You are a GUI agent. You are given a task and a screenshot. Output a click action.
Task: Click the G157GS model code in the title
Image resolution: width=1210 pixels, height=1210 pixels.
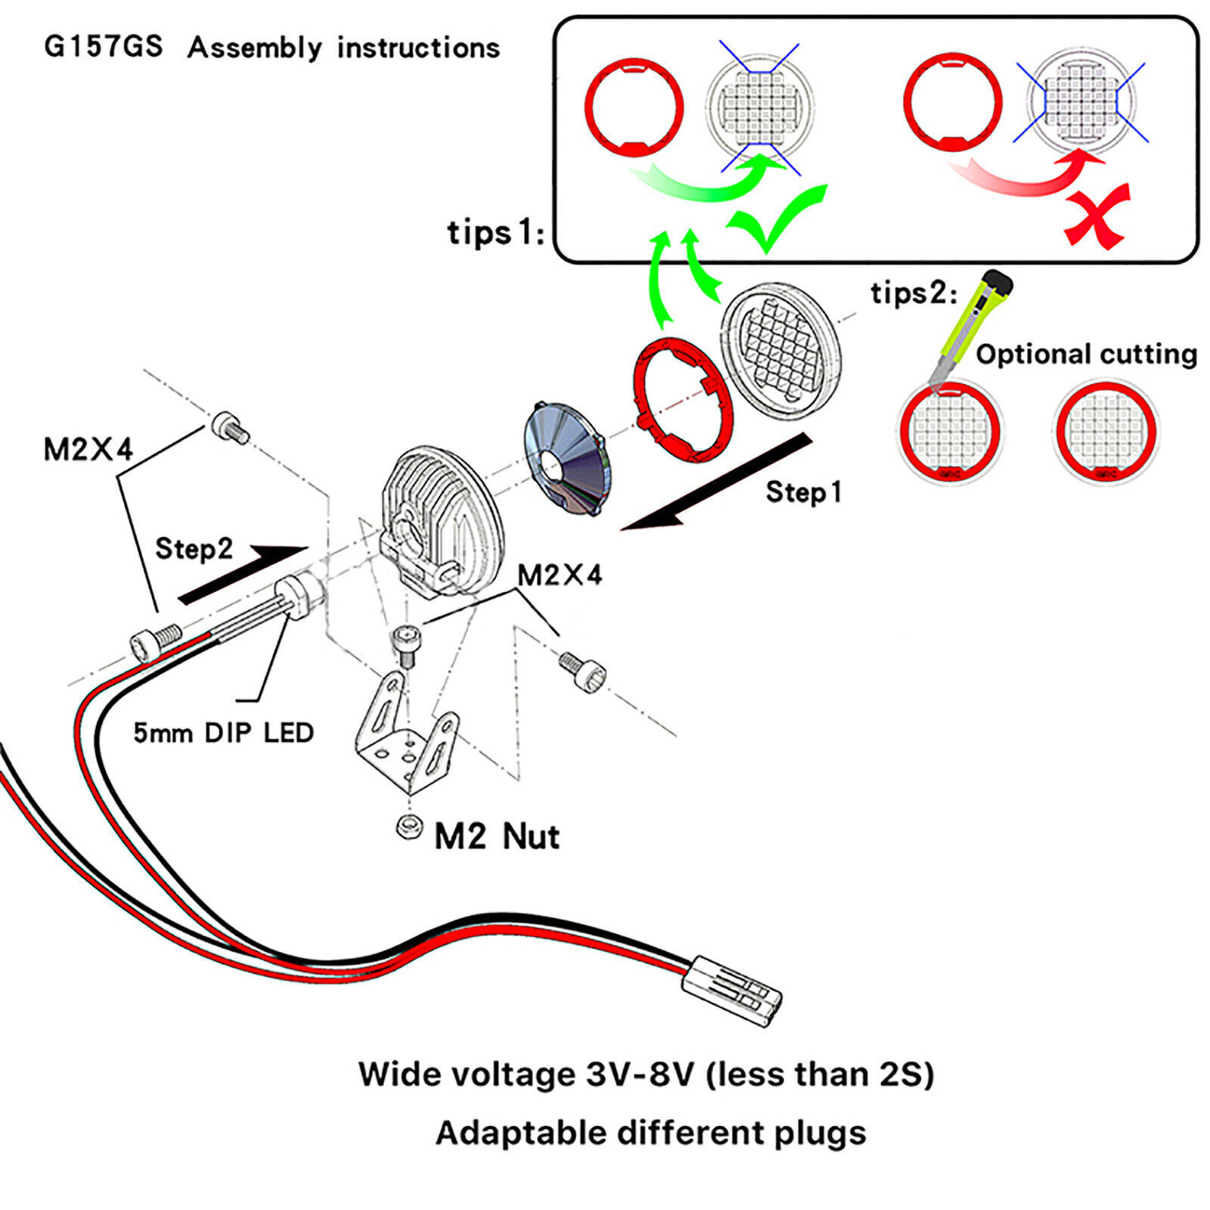[x=103, y=47]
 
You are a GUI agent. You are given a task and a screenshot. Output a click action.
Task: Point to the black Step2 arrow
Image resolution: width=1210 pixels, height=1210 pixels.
[x=242, y=575]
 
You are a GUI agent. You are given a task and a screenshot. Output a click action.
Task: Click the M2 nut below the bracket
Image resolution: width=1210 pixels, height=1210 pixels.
[x=409, y=827]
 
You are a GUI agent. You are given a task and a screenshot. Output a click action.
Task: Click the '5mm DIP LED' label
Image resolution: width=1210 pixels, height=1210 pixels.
[x=223, y=733]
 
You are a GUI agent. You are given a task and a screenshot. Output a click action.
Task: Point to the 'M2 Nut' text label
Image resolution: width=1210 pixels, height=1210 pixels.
[x=497, y=836]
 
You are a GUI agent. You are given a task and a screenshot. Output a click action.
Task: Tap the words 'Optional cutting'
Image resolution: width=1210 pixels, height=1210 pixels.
[x=1086, y=354]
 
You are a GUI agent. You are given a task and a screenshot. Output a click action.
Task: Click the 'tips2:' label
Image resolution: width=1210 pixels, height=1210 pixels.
[x=914, y=293]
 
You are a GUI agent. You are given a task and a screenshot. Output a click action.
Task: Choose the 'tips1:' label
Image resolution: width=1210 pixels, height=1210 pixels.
[x=495, y=232]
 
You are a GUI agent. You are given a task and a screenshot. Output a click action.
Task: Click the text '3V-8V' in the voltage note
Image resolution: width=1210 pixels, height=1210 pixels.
[x=640, y=1074]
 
